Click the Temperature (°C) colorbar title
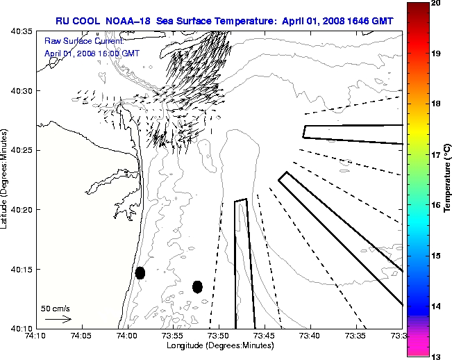tap(449, 179)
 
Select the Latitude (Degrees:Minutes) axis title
tap(6, 179)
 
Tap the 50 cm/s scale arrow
tap(58, 320)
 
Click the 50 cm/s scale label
tap(56, 308)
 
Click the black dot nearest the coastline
tap(140, 273)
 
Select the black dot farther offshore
tap(197, 286)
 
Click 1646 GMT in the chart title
tap(375, 22)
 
